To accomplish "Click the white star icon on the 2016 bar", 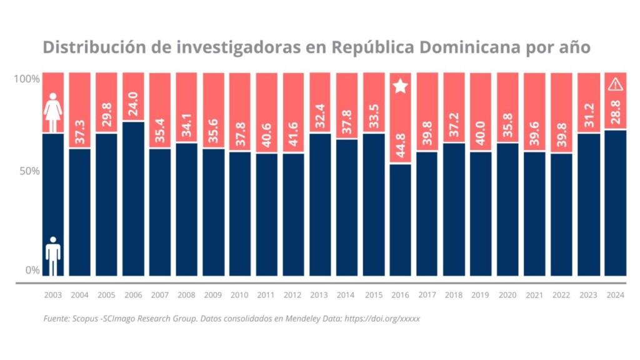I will click(401, 86).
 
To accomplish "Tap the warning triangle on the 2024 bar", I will click(615, 84).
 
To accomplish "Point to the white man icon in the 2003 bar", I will click(53, 256).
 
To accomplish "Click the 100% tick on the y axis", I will click(27, 79).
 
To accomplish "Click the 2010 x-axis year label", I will click(240, 294).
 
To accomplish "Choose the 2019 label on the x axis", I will click(481, 294).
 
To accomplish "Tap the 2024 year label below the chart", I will click(615, 294).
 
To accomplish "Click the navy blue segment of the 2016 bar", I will click(401, 219).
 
